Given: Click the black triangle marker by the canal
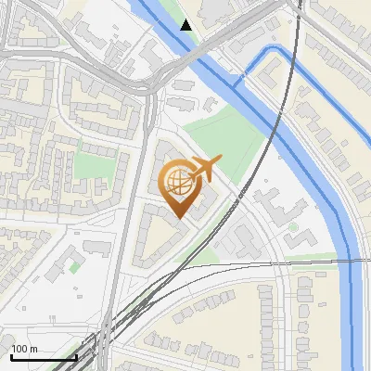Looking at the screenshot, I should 186,25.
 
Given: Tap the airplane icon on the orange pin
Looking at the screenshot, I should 203,170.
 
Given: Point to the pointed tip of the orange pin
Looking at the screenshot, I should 178,219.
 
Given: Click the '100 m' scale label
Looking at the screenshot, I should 24,349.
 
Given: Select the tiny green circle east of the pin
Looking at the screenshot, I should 293,226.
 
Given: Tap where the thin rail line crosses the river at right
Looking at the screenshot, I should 352,262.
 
